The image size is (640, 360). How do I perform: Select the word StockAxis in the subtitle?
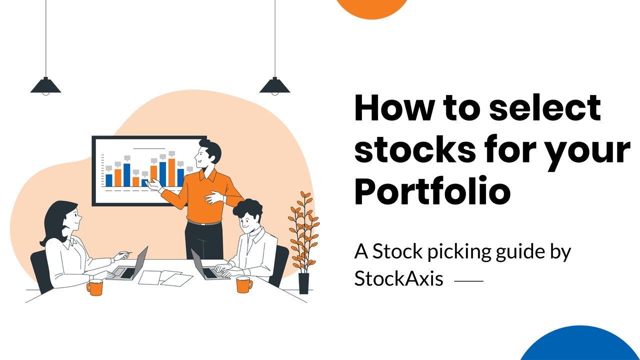click(398, 278)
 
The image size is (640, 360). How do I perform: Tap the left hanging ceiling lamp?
click(45, 85)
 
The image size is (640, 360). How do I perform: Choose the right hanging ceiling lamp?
click(274, 85)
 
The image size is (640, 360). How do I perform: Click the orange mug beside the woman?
click(94, 287)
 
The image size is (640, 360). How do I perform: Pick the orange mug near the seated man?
click(244, 284)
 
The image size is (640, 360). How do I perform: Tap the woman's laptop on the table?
click(132, 265)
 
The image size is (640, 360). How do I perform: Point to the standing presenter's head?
click(208, 153)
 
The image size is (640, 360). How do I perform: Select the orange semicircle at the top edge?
click(372, 7)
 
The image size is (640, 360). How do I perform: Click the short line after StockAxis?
click(468, 281)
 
